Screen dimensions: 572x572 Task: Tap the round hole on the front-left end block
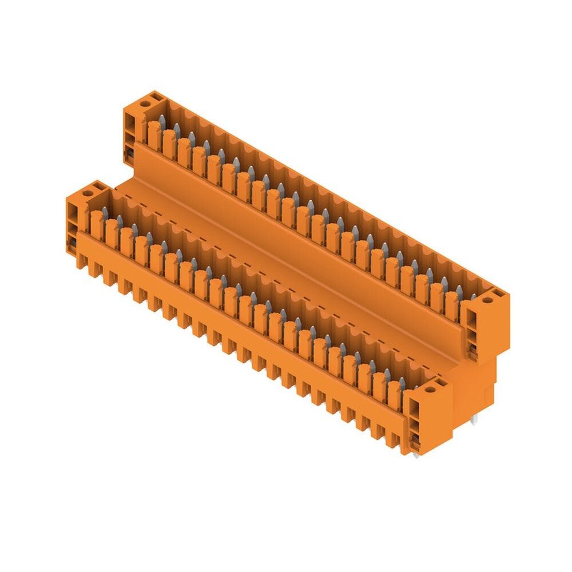click(x=87, y=194)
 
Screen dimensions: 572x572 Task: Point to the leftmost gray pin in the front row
click(x=105, y=212)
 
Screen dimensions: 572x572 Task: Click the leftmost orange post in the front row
click(x=96, y=224)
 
